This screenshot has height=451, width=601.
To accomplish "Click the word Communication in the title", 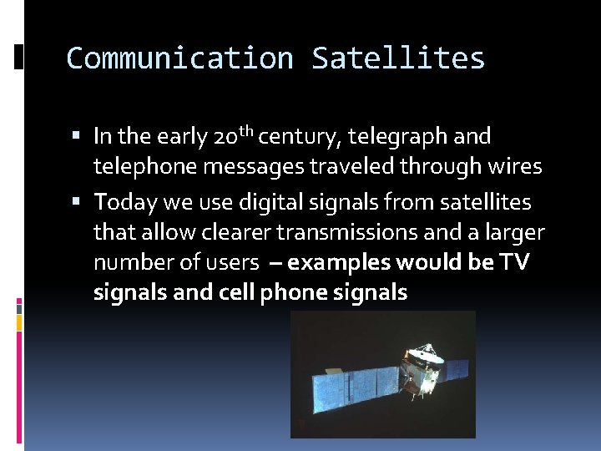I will coord(179,58).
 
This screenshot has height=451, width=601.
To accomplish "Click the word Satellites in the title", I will coord(398,58).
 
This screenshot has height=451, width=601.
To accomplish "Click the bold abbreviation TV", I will coord(515,262).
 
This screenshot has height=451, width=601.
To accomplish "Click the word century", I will coord(303,135).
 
